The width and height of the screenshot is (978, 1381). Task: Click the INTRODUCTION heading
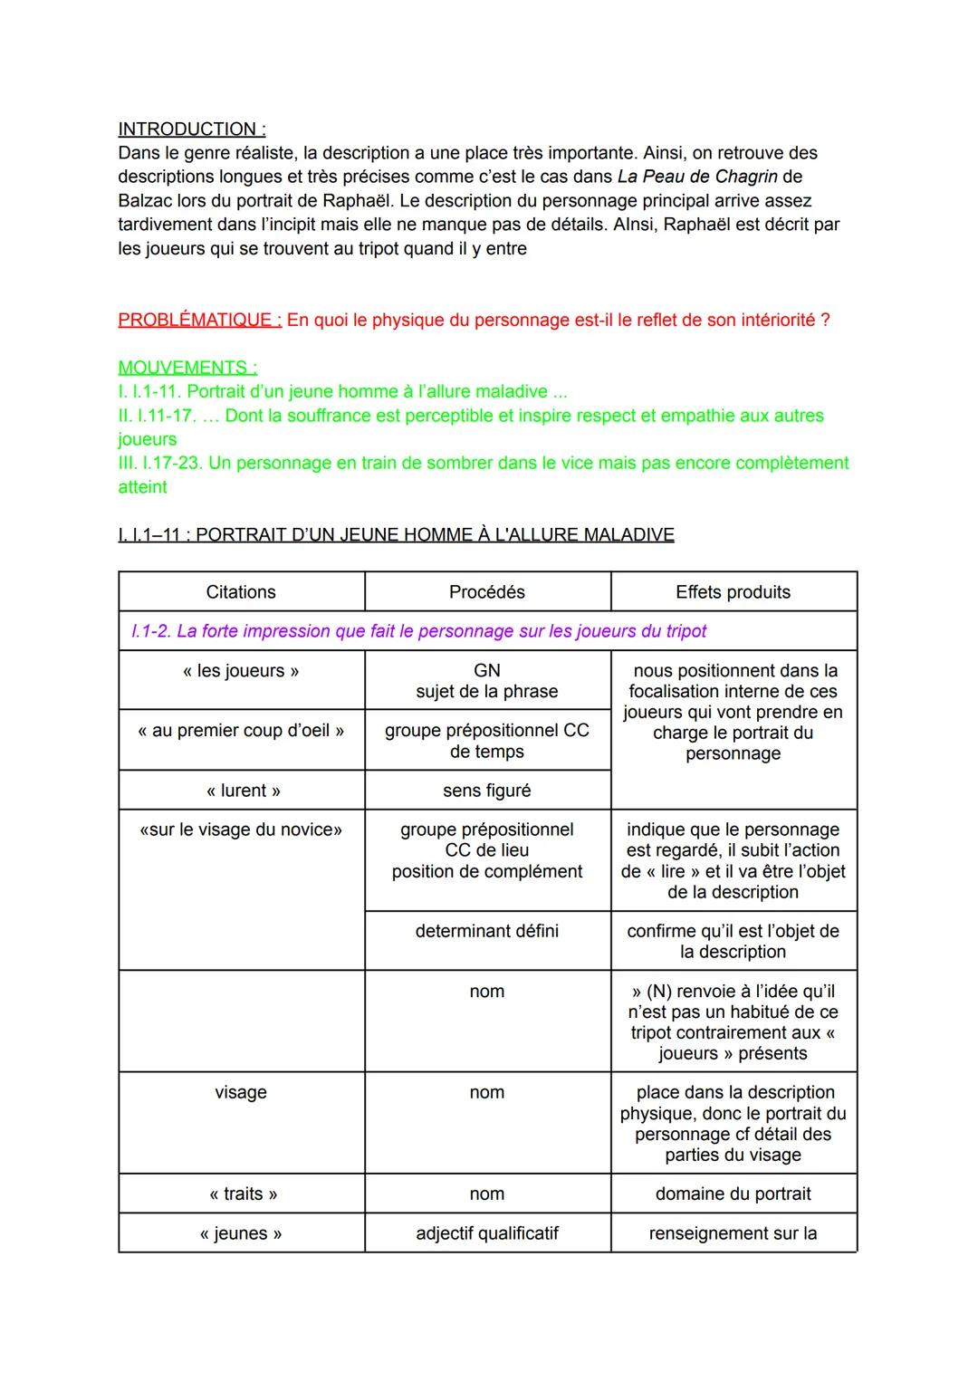tap(191, 129)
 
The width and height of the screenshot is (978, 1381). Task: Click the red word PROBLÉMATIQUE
tap(200, 320)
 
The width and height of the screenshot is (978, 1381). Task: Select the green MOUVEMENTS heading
tap(187, 368)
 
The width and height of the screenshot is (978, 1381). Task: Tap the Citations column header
tap(241, 592)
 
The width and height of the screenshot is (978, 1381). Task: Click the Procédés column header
tap(487, 592)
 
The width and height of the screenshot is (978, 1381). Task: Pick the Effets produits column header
tap(733, 592)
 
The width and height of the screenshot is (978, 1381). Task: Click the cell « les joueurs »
tap(241, 671)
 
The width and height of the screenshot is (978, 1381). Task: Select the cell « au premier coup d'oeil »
tap(241, 731)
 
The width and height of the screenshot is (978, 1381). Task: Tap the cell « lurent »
tap(241, 791)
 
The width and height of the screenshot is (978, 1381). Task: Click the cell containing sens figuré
tap(487, 791)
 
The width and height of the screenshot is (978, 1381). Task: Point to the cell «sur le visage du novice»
tap(241, 830)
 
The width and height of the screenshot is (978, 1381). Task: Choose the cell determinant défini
tap(487, 931)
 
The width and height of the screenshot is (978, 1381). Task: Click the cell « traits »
tap(241, 1194)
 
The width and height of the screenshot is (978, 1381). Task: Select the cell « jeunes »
tap(241, 1233)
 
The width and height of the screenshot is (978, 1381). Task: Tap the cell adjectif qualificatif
tap(487, 1233)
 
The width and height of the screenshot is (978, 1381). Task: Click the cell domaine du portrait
tap(733, 1194)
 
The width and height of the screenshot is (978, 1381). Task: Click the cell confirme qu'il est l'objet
tap(733, 941)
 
